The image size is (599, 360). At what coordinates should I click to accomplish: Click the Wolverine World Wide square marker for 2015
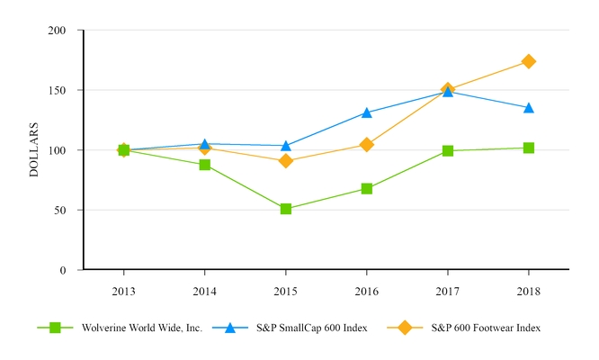(x=286, y=209)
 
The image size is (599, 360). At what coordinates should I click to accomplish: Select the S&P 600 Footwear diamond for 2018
(x=529, y=61)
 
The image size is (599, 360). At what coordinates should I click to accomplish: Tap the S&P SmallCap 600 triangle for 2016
(x=367, y=112)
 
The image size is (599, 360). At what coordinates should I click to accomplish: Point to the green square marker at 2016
(x=367, y=189)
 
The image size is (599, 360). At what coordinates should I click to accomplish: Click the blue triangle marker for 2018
(x=529, y=108)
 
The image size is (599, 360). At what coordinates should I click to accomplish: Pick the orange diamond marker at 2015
(x=286, y=161)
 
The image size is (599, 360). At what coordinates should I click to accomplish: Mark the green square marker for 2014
(x=205, y=165)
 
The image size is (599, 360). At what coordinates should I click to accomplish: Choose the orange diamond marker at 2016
(x=367, y=145)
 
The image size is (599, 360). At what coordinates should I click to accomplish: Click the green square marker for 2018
(x=529, y=148)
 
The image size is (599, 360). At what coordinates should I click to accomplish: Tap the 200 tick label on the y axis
(x=57, y=31)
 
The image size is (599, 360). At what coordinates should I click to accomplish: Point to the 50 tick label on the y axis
(x=59, y=210)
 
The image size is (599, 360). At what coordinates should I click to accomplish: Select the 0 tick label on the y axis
(x=62, y=270)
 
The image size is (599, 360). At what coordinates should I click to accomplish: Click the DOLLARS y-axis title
(x=34, y=149)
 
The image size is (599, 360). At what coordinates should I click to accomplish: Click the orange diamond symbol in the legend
(x=404, y=328)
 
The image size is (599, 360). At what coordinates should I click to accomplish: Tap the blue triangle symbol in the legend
(x=229, y=328)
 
